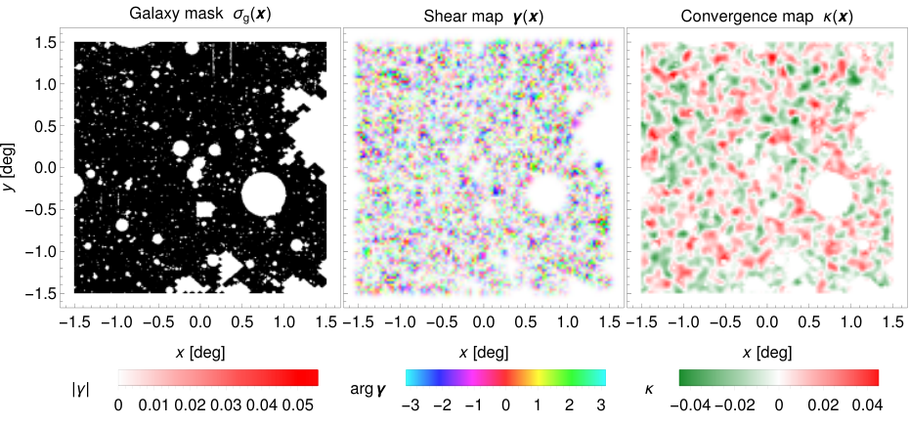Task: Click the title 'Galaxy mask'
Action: [159, 17]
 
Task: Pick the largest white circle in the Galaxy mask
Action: [264, 194]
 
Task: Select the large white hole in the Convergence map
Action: [830, 194]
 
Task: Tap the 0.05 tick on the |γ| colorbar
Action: [298, 405]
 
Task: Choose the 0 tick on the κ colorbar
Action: [779, 405]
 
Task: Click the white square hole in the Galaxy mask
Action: [204, 210]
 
